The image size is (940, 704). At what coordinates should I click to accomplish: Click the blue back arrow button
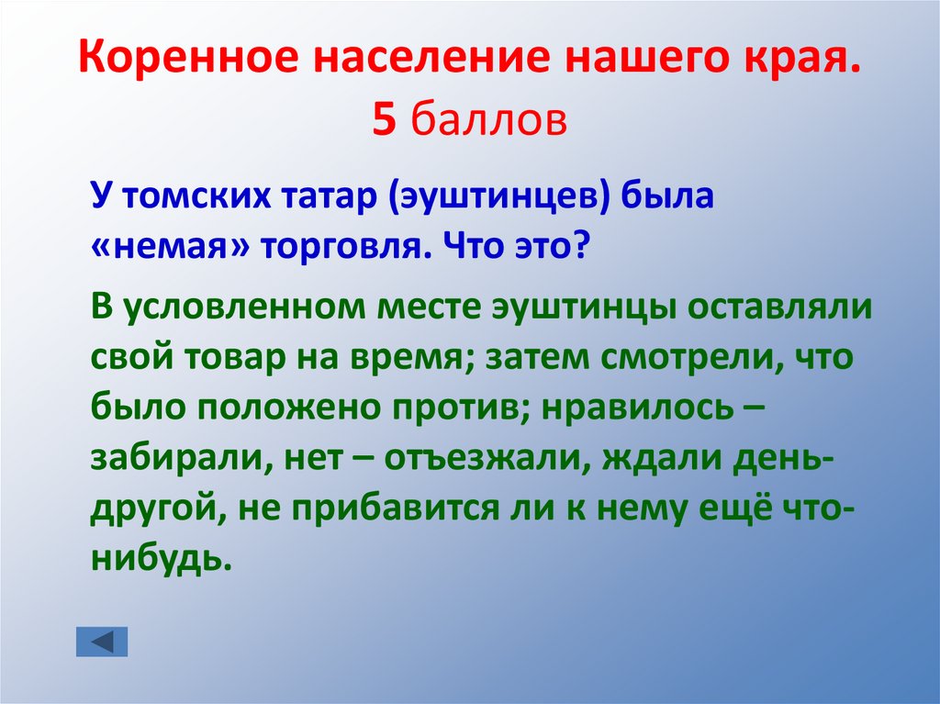tap(101, 642)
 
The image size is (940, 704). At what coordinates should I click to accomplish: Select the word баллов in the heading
tap(488, 119)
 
